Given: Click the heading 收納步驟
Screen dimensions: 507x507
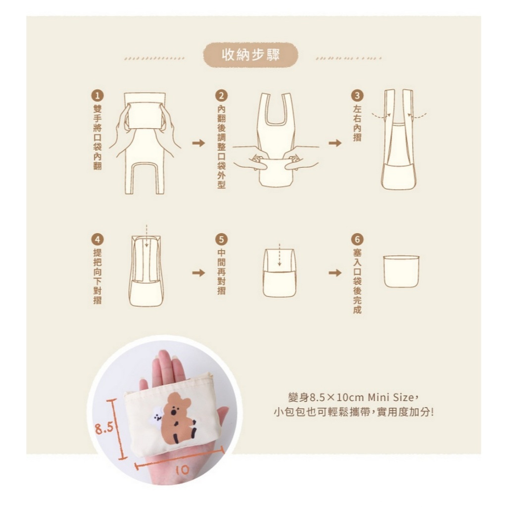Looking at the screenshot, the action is click(x=251, y=54).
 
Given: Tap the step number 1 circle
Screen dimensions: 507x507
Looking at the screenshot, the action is click(x=98, y=96).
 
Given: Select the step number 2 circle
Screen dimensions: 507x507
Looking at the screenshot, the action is click(x=221, y=96).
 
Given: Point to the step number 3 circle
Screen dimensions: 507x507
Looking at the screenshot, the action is click(x=357, y=96).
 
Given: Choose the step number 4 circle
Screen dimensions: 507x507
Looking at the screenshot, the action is click(x=98, y=240).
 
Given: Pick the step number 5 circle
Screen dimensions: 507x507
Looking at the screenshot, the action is click(x=221, y=240).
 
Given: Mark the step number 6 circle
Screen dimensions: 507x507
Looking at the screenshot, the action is click(x=357, y=240).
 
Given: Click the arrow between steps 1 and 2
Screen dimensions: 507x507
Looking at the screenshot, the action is click(x=199, y=143).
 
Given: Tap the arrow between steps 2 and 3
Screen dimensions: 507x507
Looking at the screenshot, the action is click(x=335, y=143).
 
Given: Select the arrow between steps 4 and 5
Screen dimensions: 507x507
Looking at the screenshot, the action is click(x=199, y=273).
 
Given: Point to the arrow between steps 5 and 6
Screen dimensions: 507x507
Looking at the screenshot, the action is click(x=335, y=273).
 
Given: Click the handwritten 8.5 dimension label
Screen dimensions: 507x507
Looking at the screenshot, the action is click(x=104, y=428).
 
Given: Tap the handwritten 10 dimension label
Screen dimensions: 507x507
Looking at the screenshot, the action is click(x=183, y=470).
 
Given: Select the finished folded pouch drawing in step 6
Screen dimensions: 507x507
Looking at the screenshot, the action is click(x=401, y=271).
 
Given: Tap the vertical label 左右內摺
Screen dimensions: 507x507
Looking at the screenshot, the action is click(x=357, y=123).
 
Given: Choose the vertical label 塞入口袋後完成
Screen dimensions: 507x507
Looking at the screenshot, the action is click(x=357, y=281).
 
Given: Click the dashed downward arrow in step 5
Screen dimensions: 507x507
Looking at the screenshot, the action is click(x=279, y=255).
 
